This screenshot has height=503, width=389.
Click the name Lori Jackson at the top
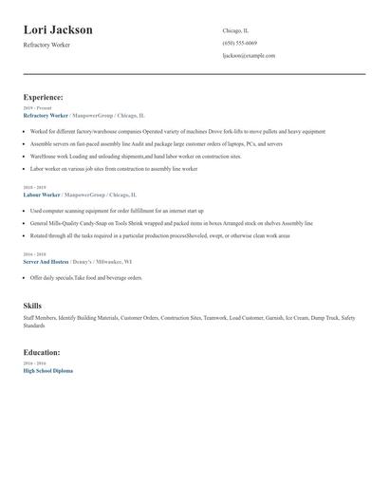tap(58, 30)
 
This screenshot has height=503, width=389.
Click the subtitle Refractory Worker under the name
tap(47, 46)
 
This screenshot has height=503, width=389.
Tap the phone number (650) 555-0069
tap(239, 43)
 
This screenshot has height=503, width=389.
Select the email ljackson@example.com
tap(249, 55)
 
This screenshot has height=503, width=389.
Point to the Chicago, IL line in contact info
tap(235, 30)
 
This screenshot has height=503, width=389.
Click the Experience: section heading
tap(44, 97)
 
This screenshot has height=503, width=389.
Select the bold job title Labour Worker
tap(41, 195)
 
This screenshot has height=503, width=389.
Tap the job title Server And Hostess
tap(46, 261)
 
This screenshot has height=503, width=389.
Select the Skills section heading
tap(32, 306)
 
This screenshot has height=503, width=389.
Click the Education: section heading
tap(43, 353)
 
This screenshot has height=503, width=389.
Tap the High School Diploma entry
tap(47, 371)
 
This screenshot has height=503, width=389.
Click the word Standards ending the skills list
tap(34, 326)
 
